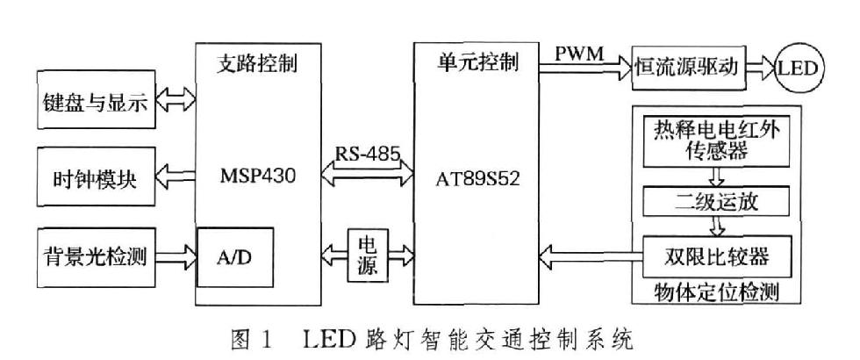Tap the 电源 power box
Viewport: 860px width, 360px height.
[x=369, y=256]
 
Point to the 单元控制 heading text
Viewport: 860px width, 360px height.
[x=478, y=63]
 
